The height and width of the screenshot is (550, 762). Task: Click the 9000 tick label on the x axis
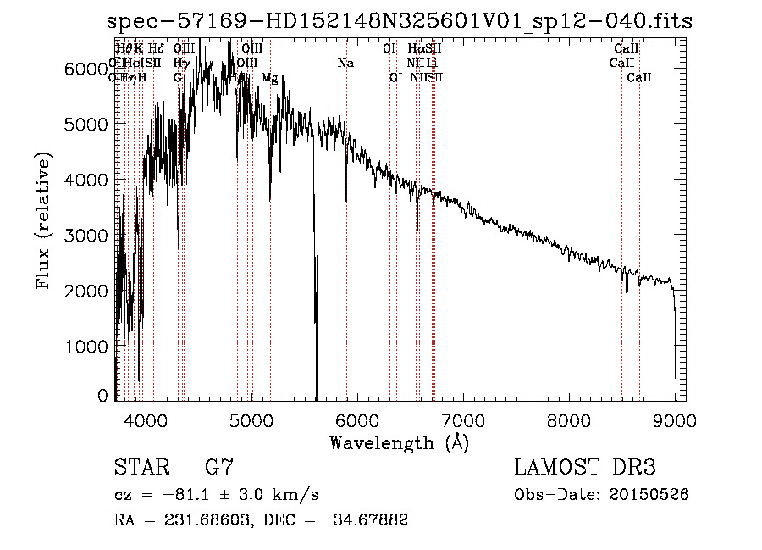(675, 419)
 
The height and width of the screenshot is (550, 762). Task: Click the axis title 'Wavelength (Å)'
(399, 442)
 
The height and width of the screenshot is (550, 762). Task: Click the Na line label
(345, 64)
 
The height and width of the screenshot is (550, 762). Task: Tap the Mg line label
(269, 78)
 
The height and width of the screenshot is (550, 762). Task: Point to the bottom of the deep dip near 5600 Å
(316, 397)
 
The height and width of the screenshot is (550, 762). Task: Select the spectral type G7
(219, 468)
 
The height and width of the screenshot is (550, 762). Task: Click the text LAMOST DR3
(585, 468)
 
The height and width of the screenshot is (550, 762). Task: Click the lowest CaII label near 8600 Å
(639, 78)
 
